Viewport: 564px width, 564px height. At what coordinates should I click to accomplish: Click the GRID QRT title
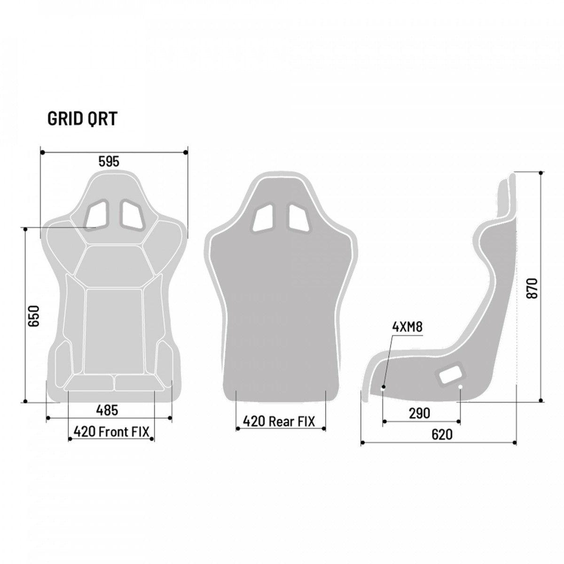click(82, 119)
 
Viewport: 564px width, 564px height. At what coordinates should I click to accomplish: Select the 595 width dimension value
click(109, 162)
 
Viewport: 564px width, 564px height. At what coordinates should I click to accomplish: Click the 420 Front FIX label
click(111, 431)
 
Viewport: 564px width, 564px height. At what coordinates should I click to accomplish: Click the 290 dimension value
click(419, 413)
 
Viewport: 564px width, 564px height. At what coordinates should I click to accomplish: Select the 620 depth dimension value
click(441, 435)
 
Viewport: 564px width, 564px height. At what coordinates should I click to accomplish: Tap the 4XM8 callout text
click(407, 327)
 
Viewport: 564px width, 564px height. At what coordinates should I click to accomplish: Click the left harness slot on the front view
click(97, 213)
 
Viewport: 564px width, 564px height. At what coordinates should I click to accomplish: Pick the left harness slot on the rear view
click(263, 218)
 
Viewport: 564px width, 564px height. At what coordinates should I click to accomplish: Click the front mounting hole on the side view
click(384, 388)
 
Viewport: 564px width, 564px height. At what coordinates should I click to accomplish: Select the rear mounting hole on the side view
click(460, 387)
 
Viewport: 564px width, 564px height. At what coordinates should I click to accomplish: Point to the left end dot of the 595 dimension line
click(41, 152)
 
